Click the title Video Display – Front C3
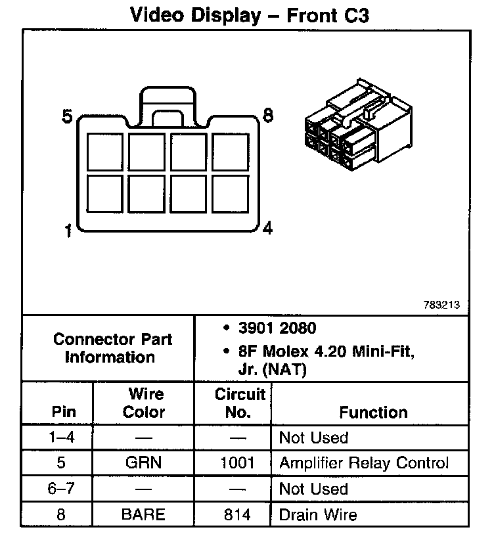coord(250,15)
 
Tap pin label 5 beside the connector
coord(67,117)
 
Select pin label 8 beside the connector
coord(267,115)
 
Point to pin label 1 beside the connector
coord(68,232)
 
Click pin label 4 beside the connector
coord(267,229)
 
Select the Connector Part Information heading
coord(112,348)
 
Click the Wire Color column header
coord(145,403)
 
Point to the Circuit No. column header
coord(238,403)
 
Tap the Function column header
coord(373,412)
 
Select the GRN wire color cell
coord(144,462)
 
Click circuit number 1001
coord(237,462)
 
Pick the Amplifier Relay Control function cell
coord(364,462)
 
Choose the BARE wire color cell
coord(144,514)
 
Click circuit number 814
coord(237,514)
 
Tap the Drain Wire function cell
coord(319,514)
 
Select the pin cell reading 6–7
coord(60,489)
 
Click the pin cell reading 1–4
coord(60,438)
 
